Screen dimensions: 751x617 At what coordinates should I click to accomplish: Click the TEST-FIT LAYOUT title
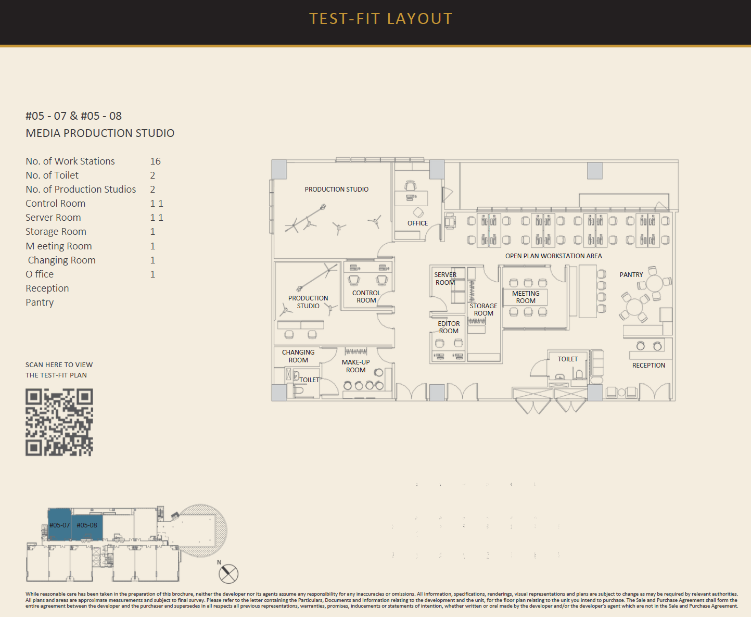coord(380,19)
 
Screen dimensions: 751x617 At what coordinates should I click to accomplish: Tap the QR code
coord(59,422)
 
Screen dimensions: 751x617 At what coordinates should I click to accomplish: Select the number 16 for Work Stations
coord(155,161)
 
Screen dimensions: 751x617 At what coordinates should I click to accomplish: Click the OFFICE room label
coord(418,223)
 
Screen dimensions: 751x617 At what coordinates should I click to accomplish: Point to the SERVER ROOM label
coord(445,279)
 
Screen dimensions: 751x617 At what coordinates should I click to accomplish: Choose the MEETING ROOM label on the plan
coord(526,297)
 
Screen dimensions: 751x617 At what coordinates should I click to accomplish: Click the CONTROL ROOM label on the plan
coord(366,296)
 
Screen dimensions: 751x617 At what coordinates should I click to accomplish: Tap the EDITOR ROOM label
coord(449,327)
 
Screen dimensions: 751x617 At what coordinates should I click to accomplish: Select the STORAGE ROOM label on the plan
coord(483,310)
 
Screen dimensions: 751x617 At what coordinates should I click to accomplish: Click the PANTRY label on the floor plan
coord(631,275)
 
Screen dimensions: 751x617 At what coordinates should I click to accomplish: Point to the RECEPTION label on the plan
coord(648,365)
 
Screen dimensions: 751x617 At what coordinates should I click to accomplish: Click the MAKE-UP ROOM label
coord(356,366)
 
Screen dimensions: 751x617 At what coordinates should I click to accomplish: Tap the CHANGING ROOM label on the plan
coord(298,356)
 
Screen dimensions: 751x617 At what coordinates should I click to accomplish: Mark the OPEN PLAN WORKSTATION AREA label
coord(553,256)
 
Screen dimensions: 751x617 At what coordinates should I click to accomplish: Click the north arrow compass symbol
coord(228,574)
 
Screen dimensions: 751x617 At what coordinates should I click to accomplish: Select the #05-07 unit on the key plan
coord(59,525)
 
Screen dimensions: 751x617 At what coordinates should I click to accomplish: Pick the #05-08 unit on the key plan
coord(87,527)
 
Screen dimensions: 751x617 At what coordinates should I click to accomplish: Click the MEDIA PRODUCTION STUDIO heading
coord(100,133)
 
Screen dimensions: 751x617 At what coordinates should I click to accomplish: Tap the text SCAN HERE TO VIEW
coord(59,365)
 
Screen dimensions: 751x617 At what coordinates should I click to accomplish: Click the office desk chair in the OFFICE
coord(410,185)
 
